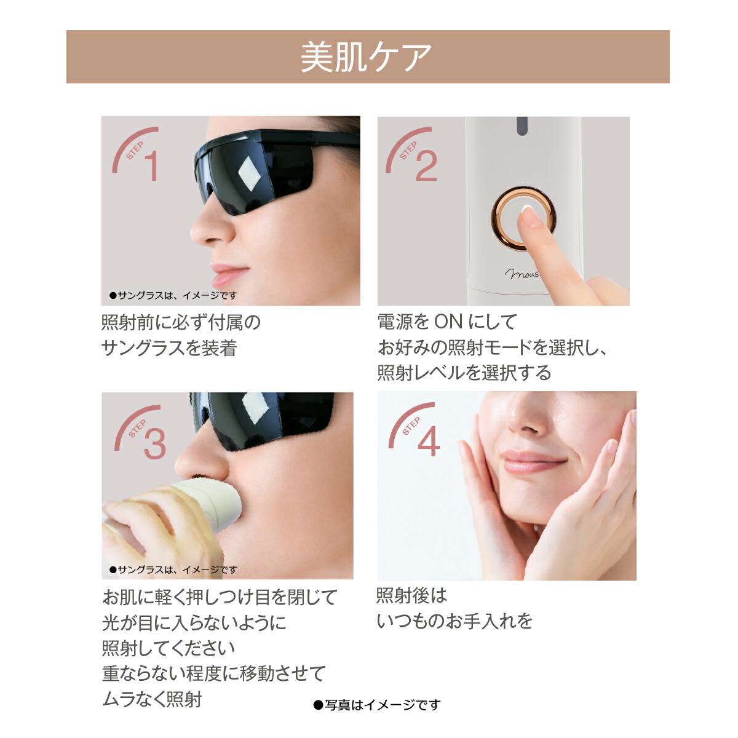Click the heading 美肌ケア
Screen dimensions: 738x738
click(x=367, y=57)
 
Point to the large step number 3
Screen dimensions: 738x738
click(x=154, y=443)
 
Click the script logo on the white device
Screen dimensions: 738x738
click(x=522, y=272)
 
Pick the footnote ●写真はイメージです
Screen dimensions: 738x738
click(x=377, y=705)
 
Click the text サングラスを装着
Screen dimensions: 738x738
click(x=169, y=349)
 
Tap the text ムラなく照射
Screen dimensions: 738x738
click(x=152, y=699)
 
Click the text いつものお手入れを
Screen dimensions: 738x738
click(x=454, y=621)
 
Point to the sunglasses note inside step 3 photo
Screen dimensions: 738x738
click(x=173, y=570)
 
